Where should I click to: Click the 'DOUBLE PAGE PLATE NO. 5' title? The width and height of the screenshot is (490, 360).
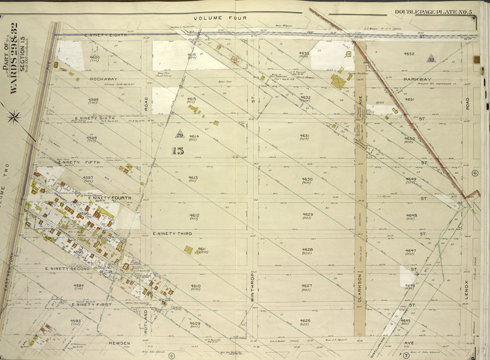[433, 11]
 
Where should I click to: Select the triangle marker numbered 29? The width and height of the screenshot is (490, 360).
[180, 134]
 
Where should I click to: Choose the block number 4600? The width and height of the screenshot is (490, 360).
[94, 58]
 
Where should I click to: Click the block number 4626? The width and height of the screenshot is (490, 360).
[305, 321]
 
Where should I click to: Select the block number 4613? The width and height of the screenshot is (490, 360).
[193, 178]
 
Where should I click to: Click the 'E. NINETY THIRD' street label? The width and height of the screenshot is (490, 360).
[172, 233]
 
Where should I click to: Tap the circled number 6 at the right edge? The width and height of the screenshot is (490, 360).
[475, 173]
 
